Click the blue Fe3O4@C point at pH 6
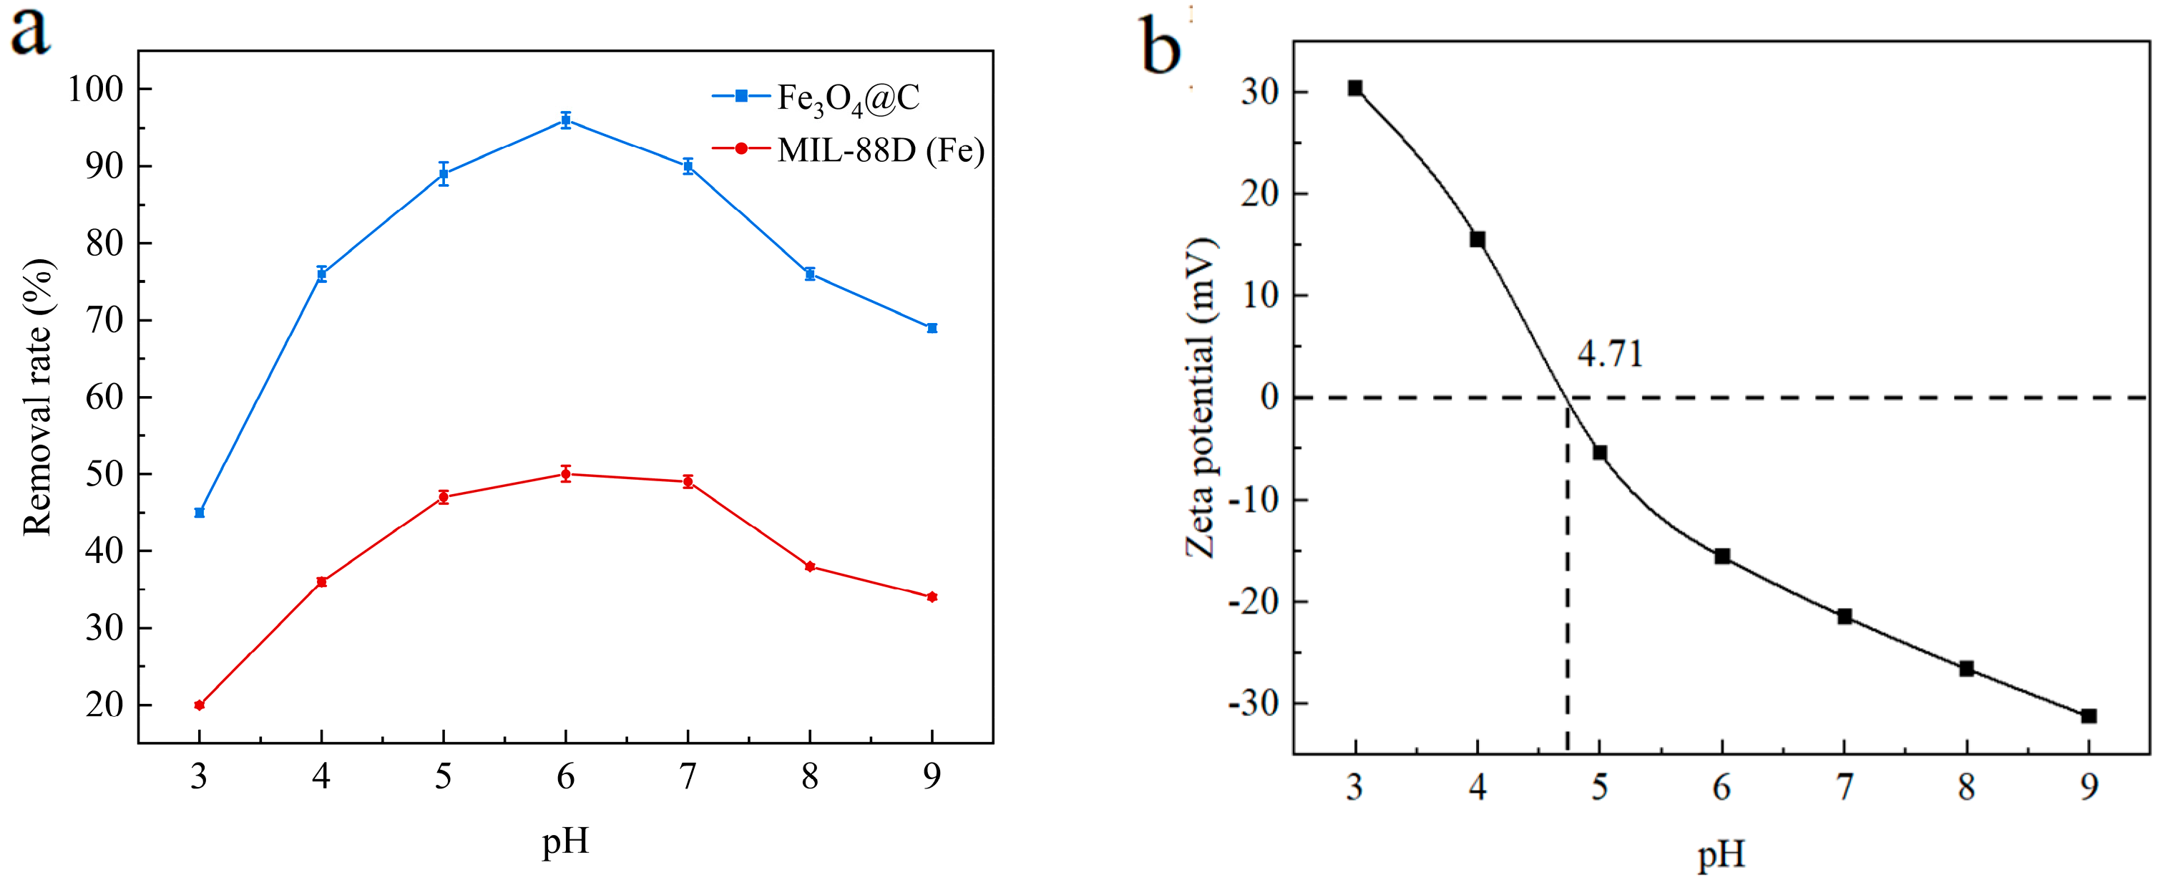[566, 120]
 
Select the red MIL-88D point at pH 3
[199, 705]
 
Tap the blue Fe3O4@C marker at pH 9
[932, 328]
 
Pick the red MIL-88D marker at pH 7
[688, 482]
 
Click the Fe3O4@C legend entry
[846, 98]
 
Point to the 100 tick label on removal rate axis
[95, 89]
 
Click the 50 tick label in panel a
[104, 474]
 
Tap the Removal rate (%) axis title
[38, 397]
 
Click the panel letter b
[1160, 47]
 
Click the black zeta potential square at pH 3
[1355, 88]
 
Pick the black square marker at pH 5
[1599, 453]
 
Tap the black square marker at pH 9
[2088, 716]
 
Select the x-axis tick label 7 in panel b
[1844, 787]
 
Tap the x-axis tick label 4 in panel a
[321, 776]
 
